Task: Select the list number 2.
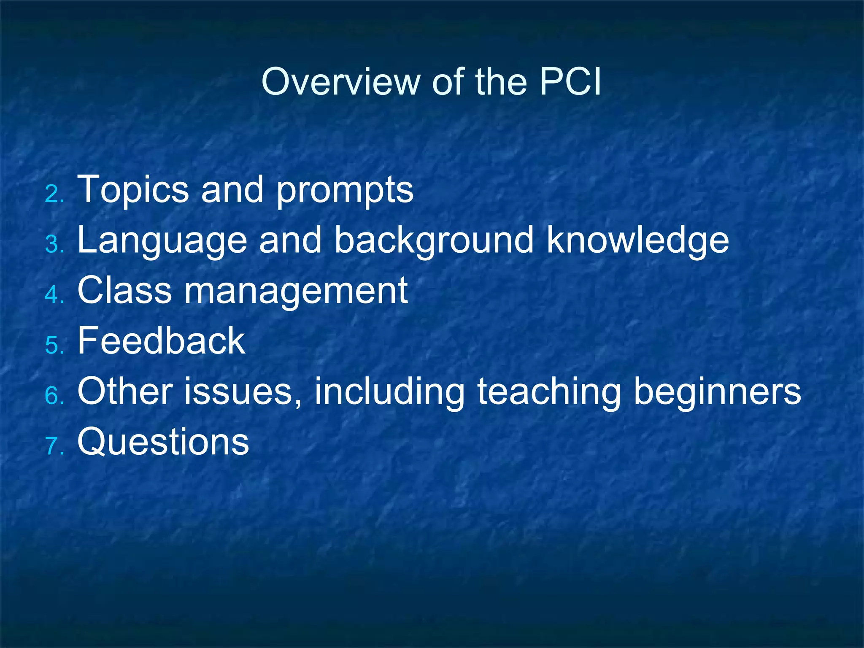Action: (53, 194)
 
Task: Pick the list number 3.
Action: (53, 245)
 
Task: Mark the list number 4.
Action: (53, 295)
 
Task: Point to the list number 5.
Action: (53, 346)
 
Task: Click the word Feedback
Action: (161, 341)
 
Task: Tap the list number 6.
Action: (53, 396)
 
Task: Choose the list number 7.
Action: (53, 446)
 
